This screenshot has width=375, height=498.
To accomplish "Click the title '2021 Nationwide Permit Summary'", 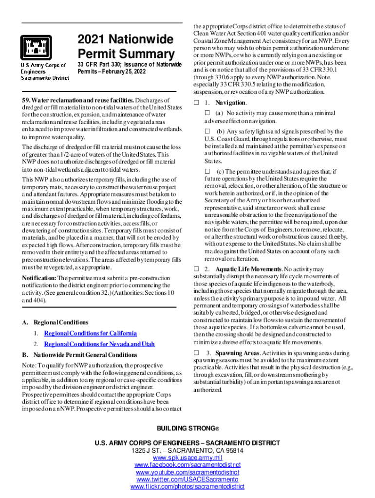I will tap(126, 46).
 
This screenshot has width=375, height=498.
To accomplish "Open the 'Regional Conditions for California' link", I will tap(90, 333).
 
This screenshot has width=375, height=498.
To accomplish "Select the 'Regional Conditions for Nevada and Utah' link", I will tap(99, 344).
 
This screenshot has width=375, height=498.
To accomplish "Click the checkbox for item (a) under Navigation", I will tap(206, 113).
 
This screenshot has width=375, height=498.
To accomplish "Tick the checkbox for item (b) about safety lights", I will tap(206, 131).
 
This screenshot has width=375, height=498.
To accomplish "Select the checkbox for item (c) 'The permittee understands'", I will tap(206, 171).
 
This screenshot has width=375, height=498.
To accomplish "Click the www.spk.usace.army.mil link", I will tap(187, 458).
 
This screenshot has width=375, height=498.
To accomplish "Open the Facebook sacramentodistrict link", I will tap(187, 465).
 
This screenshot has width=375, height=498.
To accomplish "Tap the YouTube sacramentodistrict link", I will tap(187, 472).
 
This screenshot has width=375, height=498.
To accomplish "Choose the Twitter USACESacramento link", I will tap(187, 480).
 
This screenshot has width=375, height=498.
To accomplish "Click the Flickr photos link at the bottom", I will tap(187, 487).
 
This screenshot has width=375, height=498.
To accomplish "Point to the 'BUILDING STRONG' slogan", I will tap(187, 428).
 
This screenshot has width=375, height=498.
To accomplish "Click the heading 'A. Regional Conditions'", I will tap(55, 322).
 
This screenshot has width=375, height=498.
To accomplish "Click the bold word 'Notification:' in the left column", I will tap(39, 278).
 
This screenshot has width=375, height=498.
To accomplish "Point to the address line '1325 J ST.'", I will tap(187, 450).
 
